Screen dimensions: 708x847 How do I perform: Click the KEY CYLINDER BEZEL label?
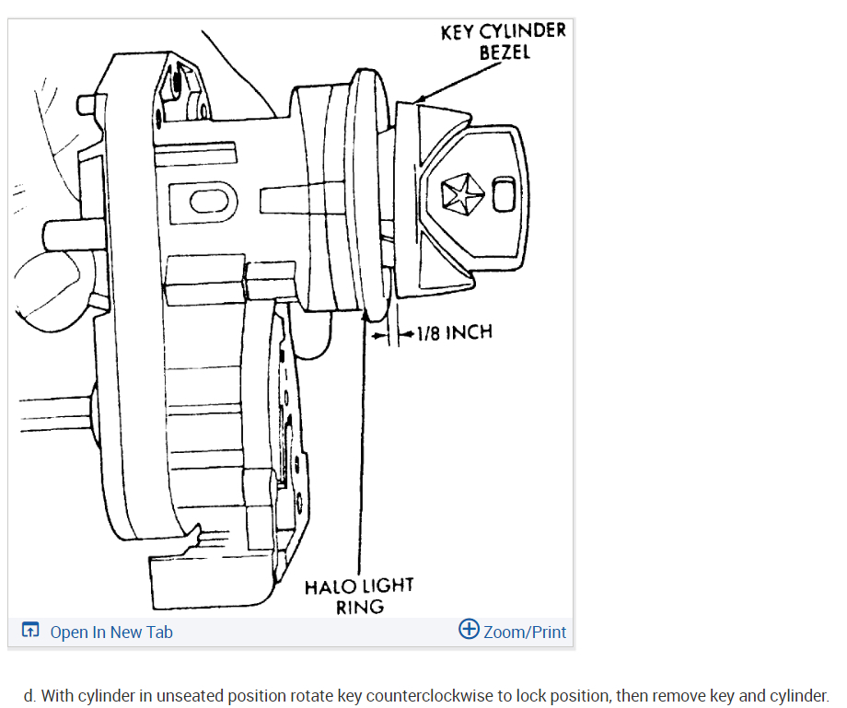[x=503, y=41]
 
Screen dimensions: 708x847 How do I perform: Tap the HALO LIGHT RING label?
[x=359, y=596]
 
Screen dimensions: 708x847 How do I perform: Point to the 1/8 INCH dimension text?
[x=454, y=331]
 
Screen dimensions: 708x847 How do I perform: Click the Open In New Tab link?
[x=110, y=632]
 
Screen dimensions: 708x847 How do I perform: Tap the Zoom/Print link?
[x=524, y=632]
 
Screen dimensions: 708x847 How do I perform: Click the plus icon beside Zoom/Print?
[x=469, y=630]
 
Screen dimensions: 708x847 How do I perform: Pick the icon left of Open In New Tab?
[x=30, y=632]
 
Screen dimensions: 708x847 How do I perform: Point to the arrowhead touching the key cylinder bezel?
[x=418, y=98]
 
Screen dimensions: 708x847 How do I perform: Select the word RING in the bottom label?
[x=359, y=607]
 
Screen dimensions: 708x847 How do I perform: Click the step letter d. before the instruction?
[x=30, y=695]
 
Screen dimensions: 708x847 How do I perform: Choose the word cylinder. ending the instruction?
[x=798, y=695]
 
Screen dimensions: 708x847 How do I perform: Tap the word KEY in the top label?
[x=457, y=31]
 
